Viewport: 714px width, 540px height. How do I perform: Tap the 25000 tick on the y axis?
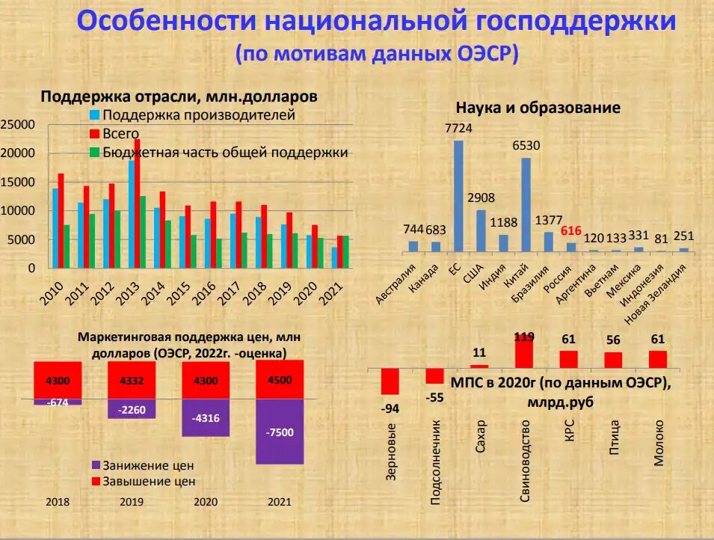click(x=17, y=124)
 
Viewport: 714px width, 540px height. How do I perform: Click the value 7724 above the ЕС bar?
click(x=458, y=129)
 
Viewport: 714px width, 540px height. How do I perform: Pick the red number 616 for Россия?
click(x=570, y=230)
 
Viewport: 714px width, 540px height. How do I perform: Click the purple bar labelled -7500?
click(x=280, y=432)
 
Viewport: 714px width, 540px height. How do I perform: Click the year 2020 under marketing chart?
click(x=206, y=502)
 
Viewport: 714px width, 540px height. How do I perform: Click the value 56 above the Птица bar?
click(x=614, y=340)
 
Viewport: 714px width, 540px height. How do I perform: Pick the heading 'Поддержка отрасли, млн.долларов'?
click(x=179, y=96)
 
